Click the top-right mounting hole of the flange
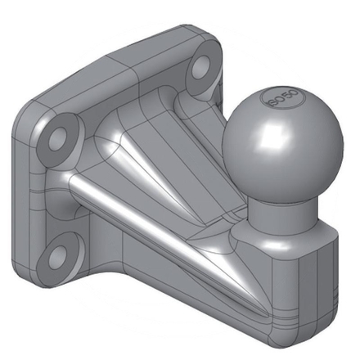tap(200, 73)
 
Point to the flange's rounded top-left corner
tap(33, 115)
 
